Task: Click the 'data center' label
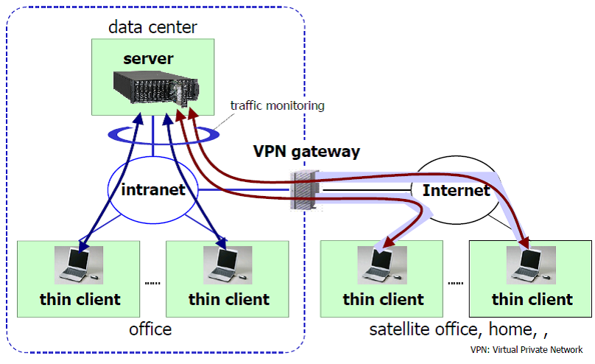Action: pos(153,28)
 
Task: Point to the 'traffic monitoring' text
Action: pos(277,105)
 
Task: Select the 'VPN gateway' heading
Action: pos(306,153)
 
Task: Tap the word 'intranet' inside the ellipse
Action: pos(153,189)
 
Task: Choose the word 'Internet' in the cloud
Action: pos(456,191)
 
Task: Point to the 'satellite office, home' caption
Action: pos(457,329)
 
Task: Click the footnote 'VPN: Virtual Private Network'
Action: pos(530,351)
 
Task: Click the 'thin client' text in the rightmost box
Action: pos(532,299)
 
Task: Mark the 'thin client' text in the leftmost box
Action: pos(80,299)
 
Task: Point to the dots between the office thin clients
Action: pos(152,283)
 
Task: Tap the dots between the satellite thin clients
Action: pos(456,283)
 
